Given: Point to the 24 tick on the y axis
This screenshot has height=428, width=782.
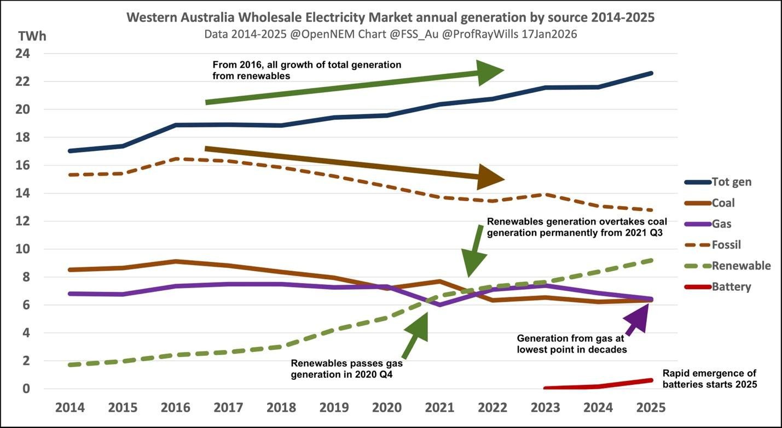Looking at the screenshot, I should tap(26, 54).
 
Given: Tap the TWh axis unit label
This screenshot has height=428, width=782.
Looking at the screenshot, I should tap(32, 37).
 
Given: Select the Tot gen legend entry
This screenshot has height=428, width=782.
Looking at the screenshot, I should tap(731, 181).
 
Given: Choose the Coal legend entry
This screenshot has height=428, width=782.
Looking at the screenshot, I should tap(723, 203).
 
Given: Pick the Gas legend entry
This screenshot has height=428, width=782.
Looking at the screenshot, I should tap(721, 224).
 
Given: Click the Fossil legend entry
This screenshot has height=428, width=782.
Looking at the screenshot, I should tap(726, 245).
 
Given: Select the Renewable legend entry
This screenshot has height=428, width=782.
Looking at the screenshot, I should tap(741, 266).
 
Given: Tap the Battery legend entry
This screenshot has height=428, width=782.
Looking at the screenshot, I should tap(731, 286).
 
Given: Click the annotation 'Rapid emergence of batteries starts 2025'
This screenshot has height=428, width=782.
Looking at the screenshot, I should tap(709, 379).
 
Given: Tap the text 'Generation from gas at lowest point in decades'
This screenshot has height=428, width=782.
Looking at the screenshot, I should tap(572, 344).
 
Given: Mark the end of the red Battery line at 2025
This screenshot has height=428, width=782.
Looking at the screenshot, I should tap(651, 380).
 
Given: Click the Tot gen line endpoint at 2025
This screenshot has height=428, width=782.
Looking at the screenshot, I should tap(651, 73).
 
